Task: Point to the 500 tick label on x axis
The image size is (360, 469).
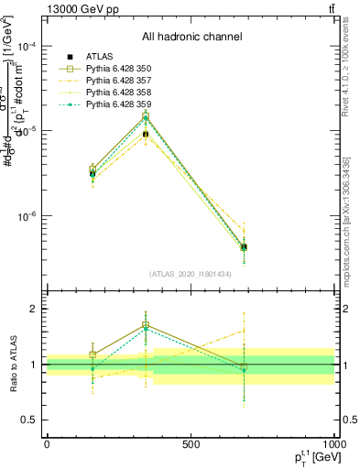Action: (x=191, y=443)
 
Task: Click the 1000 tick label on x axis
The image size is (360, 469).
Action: (x=333, y=443)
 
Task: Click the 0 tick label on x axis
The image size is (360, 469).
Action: (x=47, y=443)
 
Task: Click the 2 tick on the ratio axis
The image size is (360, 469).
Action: (x=35, y=309)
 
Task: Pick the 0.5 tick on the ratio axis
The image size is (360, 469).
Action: (x=31, y=420)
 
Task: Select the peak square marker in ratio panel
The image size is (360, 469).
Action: (x=146, y=325)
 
